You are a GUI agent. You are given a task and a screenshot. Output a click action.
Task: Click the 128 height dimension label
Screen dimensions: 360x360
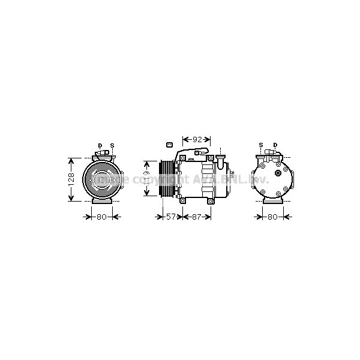point(71,179)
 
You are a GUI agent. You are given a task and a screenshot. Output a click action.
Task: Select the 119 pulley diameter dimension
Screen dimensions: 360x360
point(146,178)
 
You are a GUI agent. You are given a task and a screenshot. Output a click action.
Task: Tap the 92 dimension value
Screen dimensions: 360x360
point(196,139)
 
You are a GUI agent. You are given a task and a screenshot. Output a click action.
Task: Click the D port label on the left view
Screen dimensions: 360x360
point(100,145)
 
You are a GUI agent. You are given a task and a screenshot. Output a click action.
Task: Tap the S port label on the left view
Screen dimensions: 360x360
point(112,145)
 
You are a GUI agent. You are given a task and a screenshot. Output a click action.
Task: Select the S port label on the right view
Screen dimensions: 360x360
point(261,145)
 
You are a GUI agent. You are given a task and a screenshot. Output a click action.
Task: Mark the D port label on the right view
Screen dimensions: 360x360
point(275,145)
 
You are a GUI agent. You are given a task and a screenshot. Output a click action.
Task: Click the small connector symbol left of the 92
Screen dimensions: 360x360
point(169,145)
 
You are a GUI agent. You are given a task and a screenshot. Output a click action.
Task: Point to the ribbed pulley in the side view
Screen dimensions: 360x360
point(166,178)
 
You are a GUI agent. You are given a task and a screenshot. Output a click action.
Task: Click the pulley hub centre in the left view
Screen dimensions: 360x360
point(102,178)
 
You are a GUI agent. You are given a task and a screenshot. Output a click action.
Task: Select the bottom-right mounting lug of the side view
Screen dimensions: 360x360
point(209,201)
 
